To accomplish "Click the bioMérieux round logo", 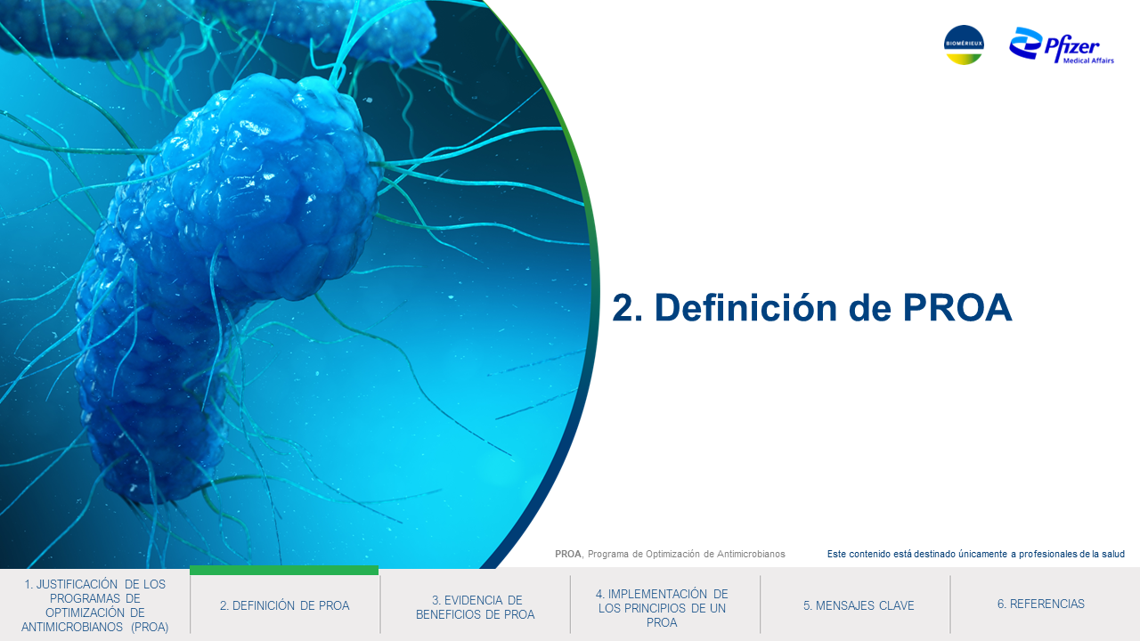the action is [x=964, y=45].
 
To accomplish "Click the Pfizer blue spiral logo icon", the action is [x=1025, y=43].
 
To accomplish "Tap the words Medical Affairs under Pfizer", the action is [x=1088, y=61].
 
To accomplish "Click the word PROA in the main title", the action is [x=957, y=307].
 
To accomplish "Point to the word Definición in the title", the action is [x=745, y=307].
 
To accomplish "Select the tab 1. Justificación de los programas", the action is [x=94, y=605].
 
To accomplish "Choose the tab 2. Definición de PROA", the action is [x=284, y=605].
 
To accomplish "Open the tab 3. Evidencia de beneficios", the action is [x=475, y=607].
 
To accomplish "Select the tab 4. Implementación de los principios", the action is [x=662, y=608].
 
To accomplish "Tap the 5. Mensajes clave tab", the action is [x=859, y=605].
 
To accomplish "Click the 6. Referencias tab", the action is [x=1041, y=604].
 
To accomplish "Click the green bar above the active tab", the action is [x=284, y=571].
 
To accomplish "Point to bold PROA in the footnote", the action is [x=568, y=554].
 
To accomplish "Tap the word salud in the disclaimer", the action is [x=1113, y=554].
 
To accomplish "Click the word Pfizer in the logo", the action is [x=1071, y=47].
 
